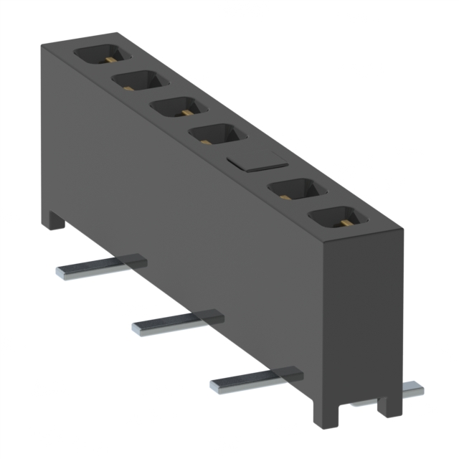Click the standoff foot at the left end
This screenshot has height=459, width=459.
point(53,219)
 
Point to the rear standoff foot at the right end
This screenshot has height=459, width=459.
point(392,404)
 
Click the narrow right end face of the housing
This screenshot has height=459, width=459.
point(366,316)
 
